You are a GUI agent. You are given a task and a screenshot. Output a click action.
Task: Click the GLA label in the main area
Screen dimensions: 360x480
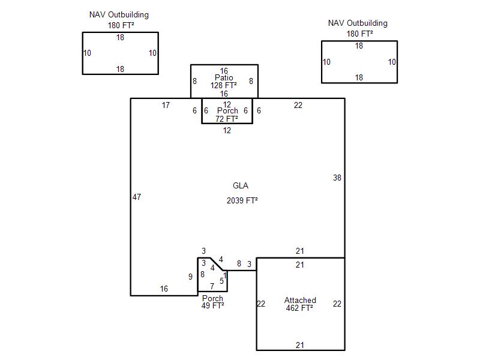[240, 185]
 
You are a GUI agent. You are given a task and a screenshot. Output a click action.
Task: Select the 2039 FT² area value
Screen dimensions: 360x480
[242, 200]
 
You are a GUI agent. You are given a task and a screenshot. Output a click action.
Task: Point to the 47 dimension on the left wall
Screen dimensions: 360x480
[137, 197]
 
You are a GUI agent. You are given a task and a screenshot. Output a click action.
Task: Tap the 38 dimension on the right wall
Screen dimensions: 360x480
[337, 178]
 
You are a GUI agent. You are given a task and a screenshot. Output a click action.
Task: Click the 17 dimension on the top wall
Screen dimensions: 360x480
[166, 106]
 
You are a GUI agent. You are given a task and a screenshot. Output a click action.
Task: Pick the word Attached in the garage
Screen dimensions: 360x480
[301, 300]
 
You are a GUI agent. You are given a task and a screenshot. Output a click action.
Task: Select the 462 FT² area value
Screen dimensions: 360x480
[300, 308]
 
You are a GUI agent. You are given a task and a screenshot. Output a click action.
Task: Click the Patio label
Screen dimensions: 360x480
[224, 77]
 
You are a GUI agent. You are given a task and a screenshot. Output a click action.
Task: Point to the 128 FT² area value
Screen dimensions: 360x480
[224, 85]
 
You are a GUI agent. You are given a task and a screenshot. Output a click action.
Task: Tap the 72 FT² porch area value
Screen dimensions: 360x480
[227, 119]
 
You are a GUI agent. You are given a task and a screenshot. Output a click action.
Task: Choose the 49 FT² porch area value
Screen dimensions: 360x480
[213, 306]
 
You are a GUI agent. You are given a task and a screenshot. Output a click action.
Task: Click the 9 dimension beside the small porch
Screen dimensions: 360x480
[190, 277]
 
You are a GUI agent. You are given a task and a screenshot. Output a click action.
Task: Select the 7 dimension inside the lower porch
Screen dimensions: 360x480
[212, 287]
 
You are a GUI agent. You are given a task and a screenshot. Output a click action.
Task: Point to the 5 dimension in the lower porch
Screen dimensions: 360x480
[221, 281]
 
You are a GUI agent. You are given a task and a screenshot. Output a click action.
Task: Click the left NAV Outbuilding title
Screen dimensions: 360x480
[119, 14]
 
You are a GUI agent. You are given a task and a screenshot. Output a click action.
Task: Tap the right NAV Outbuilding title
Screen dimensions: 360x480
[358, 23]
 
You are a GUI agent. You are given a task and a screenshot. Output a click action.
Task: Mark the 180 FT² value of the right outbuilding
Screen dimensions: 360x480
[359, 34]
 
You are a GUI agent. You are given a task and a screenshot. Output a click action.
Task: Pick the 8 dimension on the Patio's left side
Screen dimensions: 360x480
[194, 81]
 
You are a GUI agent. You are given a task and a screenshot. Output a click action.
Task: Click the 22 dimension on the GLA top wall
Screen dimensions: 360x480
[298, 106]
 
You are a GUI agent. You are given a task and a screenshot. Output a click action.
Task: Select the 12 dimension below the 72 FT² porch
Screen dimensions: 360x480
[227, 130]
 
